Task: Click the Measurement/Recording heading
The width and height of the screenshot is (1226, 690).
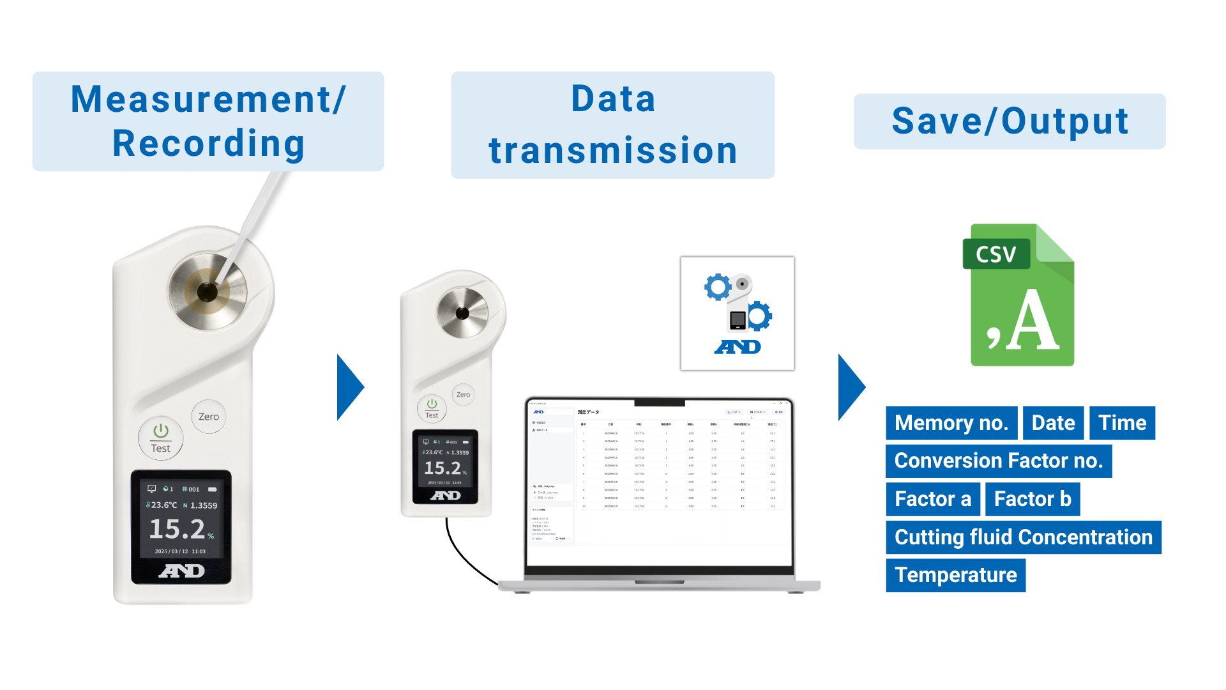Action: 208,121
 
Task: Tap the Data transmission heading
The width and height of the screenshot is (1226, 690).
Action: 612,125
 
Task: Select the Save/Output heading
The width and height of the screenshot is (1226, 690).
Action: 1010,121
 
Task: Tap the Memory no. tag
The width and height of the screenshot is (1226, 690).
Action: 951,423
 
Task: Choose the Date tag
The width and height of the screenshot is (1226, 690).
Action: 1053,423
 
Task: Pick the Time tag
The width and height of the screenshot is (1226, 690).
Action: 1122,423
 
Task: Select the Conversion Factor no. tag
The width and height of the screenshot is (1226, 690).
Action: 999,461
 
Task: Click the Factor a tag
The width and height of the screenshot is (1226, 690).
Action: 932,499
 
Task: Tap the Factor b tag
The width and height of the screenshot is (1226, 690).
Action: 1033,499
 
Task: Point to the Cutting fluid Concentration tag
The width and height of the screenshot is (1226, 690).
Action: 1023,537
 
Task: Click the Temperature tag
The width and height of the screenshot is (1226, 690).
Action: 955,575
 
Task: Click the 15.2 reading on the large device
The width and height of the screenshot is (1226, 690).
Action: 178,529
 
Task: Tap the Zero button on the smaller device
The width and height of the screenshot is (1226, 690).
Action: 463,395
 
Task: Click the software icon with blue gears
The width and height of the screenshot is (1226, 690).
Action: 738,314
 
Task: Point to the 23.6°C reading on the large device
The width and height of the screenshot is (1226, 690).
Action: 163,505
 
